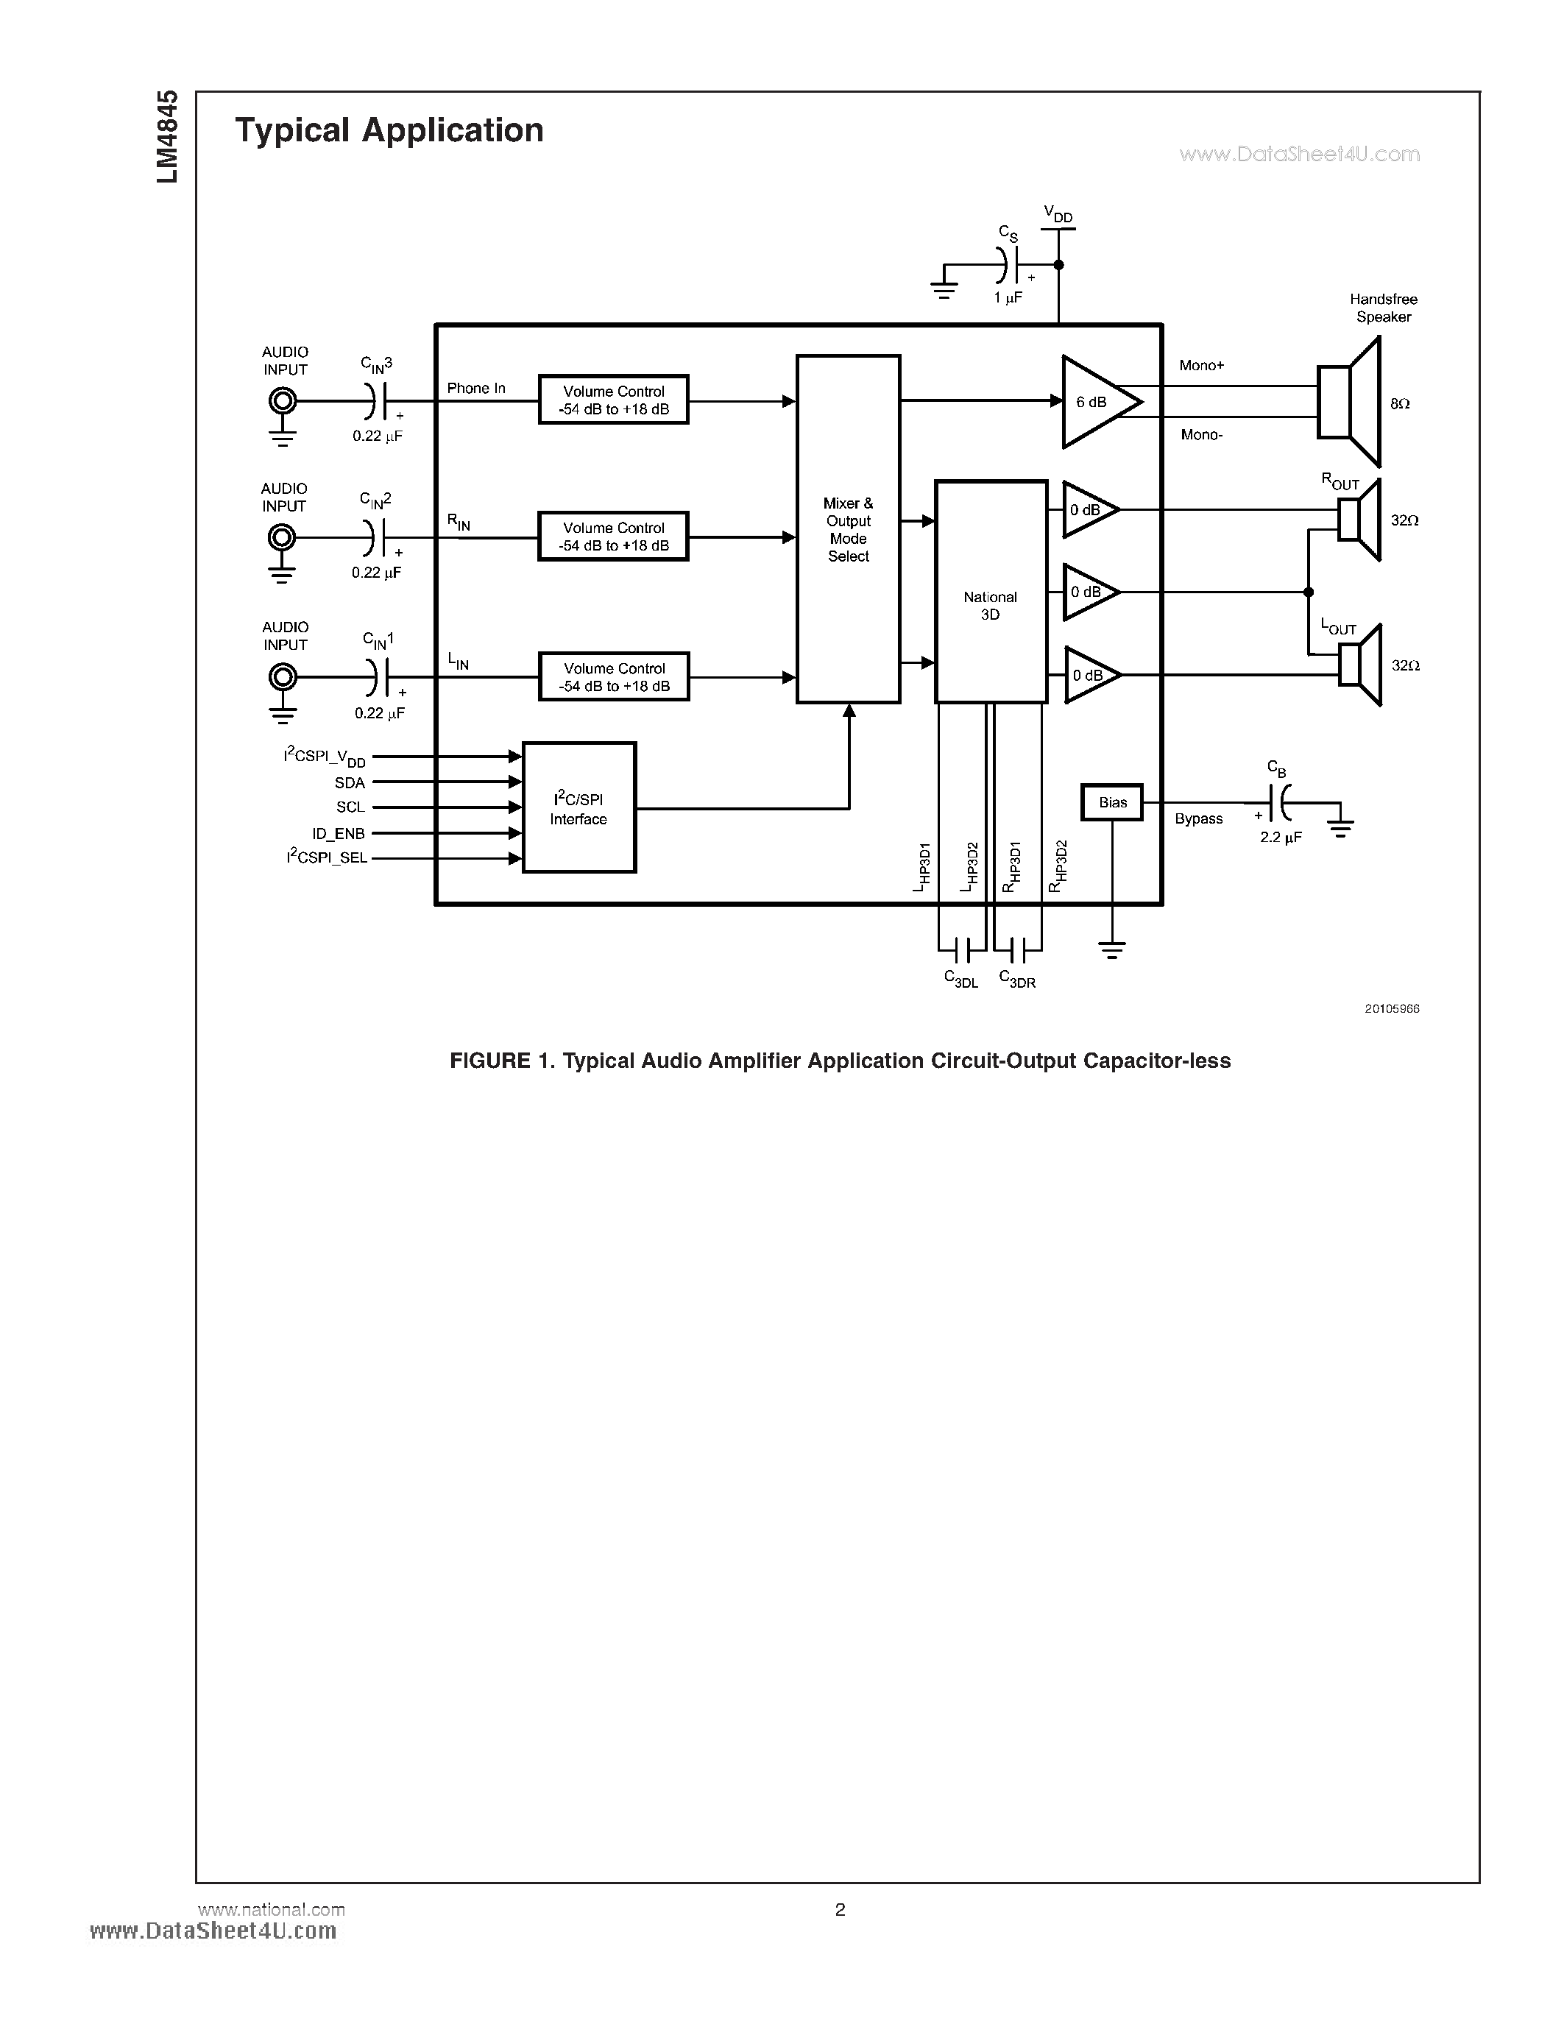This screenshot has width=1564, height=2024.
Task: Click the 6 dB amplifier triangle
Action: [1098, 402]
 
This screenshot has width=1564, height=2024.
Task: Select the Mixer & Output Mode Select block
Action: [848, 529]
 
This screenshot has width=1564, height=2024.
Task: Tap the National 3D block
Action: [991, 592]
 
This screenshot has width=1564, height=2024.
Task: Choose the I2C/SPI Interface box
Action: [579, 808]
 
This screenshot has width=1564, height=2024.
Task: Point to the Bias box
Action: [1112, 802]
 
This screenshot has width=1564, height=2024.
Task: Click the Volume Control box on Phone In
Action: [613, 400]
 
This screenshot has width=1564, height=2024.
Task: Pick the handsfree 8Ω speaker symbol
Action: [1349, 402]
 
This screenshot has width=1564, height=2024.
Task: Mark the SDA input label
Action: [350, 783]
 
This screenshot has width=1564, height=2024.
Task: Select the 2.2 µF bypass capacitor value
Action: [1281, 838]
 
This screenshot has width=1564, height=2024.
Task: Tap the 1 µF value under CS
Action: [1008, 298]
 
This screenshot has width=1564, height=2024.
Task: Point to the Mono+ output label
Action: [1201, 366]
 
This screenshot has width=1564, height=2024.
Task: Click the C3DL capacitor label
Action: [960, 979]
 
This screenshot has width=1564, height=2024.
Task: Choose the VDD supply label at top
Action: [1057, 215]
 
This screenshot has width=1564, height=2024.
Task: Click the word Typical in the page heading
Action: [292, 131]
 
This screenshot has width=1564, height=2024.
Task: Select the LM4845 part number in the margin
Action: [167, 137]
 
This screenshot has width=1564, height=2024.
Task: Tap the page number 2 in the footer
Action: [841, 1909]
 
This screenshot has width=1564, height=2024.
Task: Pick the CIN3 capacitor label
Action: [376, 364]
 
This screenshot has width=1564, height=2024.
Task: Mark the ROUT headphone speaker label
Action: [1339, 482]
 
